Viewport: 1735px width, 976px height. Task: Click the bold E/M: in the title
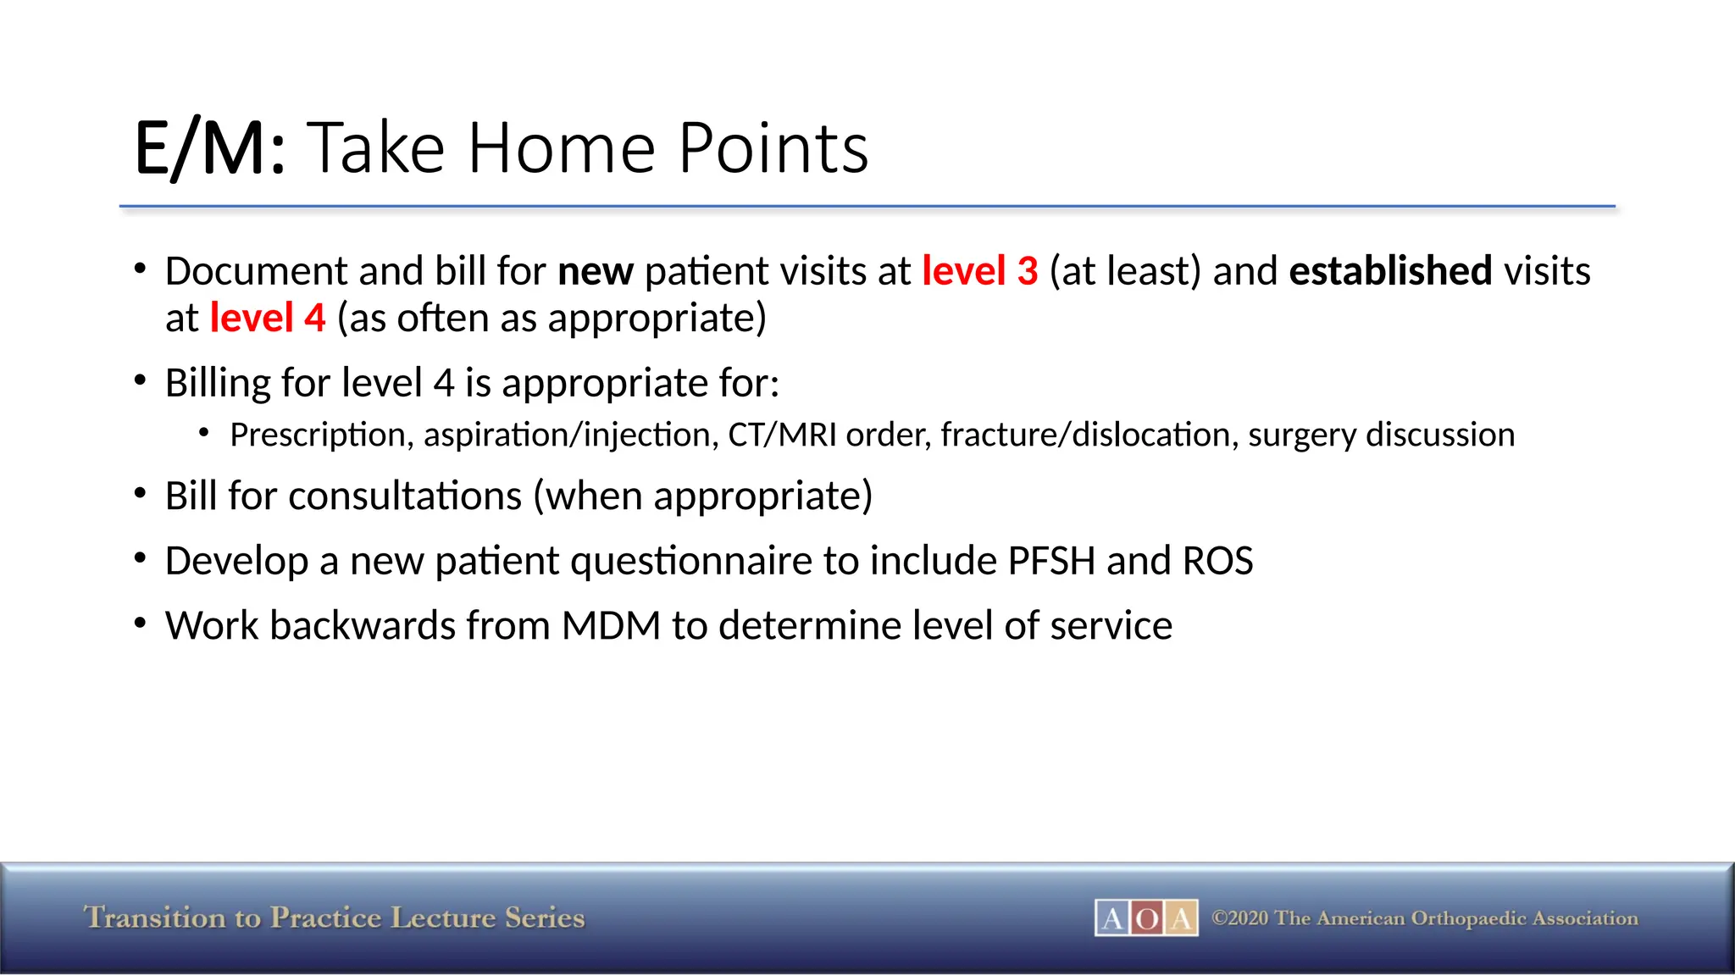click(210, 149)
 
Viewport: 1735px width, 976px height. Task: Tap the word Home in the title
click(561, 149)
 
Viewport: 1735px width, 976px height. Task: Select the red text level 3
click(979, 271)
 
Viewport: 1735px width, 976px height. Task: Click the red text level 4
click(267, 319)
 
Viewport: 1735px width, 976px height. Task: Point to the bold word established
click(1389, 271)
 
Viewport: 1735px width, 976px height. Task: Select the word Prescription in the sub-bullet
click(321, 435)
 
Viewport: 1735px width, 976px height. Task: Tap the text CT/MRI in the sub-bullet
click(782, 435)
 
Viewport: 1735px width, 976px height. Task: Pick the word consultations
click(404, 496)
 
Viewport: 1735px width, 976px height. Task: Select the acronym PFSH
click(1051, 561)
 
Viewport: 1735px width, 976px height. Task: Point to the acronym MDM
click(611, 626)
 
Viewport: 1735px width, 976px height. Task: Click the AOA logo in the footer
click(1145, 918)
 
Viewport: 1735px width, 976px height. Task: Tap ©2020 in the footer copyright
click(1240, 918)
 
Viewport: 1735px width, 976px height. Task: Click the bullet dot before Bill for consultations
click(141, 494)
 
